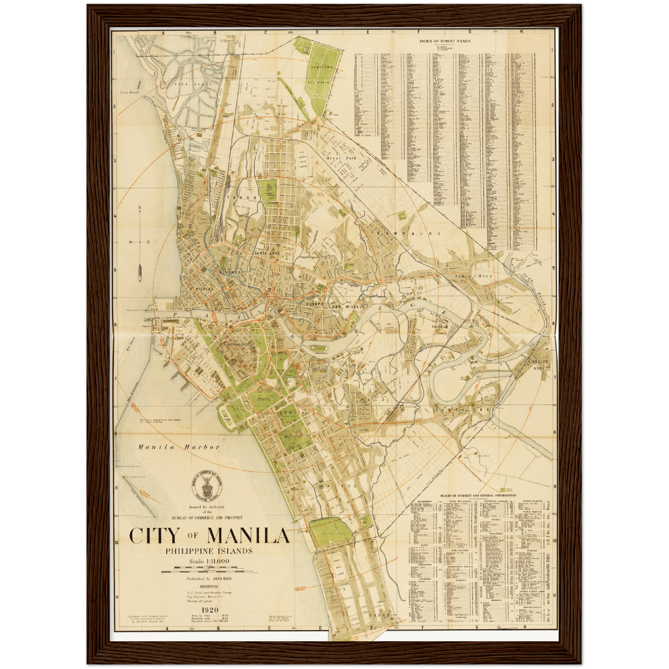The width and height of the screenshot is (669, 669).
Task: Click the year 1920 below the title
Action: [207, 610]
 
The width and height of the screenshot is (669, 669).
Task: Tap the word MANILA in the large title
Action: [248, 536]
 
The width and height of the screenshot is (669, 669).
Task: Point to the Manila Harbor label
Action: [178, 447]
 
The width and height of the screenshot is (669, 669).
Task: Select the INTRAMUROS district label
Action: [238, 345]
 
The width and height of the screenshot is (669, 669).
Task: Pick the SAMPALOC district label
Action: [409, 234]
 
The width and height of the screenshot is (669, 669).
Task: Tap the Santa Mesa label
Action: [474, 276]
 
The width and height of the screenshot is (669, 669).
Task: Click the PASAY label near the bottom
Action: [380, 616]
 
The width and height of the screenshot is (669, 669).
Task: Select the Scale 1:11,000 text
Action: [209, 562]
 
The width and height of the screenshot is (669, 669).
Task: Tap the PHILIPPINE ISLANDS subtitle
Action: [209, 551]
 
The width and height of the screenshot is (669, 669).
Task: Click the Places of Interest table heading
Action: [478, 495]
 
